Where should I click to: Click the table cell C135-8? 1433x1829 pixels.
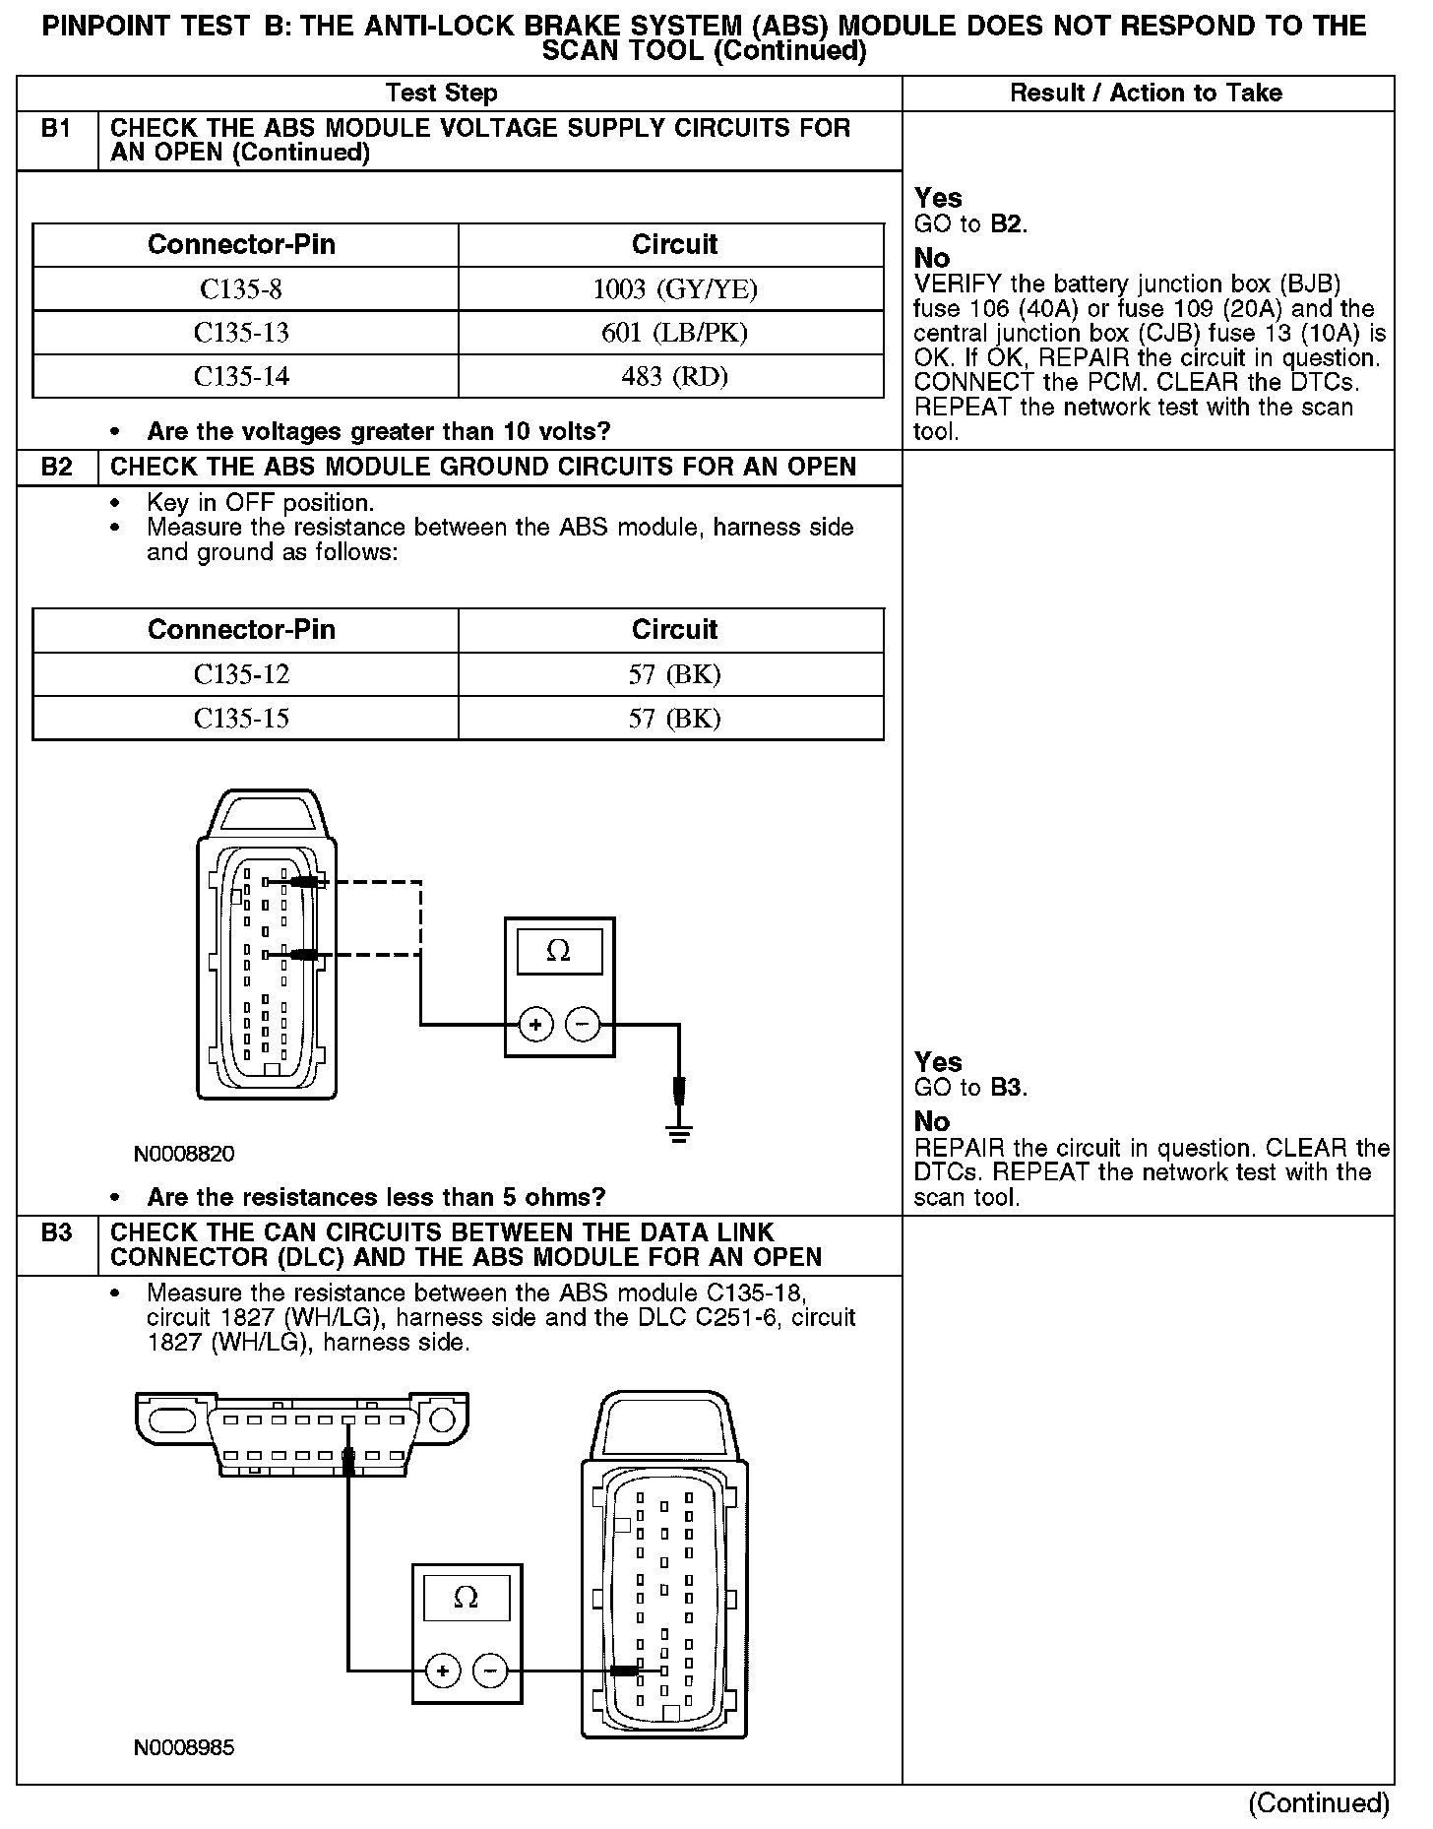point(241,288)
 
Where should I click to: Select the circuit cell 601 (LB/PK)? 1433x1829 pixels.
point(674,333)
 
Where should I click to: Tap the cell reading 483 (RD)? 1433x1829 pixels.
point(674,376)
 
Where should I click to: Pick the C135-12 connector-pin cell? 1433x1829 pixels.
point(241,674)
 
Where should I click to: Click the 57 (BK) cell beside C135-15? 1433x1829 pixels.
point(674,719)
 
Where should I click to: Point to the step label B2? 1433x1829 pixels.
point(57,467)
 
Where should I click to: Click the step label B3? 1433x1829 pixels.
point(57,1232)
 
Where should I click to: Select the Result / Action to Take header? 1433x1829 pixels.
point(1146,94)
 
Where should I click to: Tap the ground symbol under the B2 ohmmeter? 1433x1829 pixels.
point(678,1132)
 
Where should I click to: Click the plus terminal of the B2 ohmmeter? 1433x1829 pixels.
point(535,1025)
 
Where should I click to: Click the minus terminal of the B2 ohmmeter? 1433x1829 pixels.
point(583,1025)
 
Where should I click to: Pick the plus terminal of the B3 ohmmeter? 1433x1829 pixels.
point(443,1670)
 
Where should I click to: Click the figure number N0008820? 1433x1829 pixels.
point(184,1154)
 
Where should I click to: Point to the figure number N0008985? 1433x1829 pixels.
point(184,1747)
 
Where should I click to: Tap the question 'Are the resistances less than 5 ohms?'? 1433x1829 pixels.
point(376,1197)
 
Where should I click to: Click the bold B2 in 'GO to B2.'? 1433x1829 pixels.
point(1007,224)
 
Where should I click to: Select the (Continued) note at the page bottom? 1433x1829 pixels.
point(1318,1802)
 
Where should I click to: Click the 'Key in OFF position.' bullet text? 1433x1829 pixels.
point(261,502)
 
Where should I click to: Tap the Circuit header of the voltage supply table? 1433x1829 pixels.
point(674,244)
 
